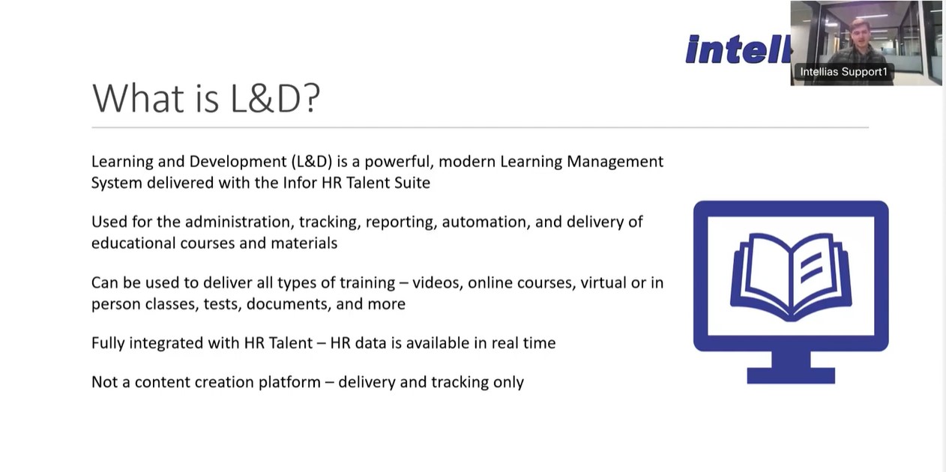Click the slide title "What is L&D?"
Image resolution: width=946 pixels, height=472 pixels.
pyautogui.click(x=206, y=98)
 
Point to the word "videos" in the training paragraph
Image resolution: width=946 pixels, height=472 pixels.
pyautogui.click(x=438, y=282)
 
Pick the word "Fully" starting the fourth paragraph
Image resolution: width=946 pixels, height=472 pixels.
pyautogui.click(x=108, y=343)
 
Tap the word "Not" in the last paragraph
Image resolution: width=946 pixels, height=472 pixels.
pyautogui.click(x=104, y=382)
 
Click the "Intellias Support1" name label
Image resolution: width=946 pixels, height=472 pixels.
pyautogui.click(x=844, y=72)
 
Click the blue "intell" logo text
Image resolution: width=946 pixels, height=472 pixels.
pyautogui.click(x=738, y=49)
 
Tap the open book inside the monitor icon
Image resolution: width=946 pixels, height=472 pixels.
pyautogui.click(x=791, y=277)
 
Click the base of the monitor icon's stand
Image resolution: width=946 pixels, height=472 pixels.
pyautogui.click(x=791, y=376)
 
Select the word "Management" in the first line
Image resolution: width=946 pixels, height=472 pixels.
pyautogui.click(x=615, y=162)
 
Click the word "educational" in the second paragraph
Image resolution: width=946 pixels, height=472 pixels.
pyautogui.click(x=133, y=243)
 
